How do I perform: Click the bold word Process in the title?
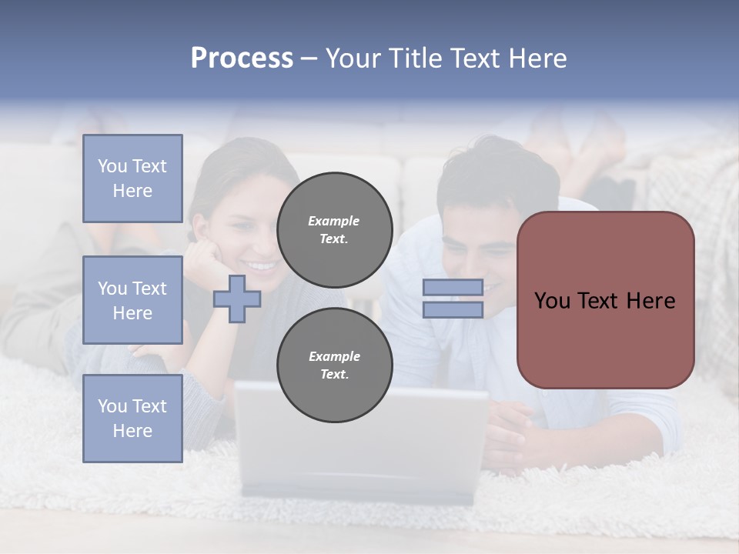pyautogui.click(x=242, y=58)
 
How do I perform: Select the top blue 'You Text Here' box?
pyautogui.click(x=132, y=179)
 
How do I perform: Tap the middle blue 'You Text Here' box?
pyautogui.click(x=132, y=300)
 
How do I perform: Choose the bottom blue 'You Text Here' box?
pyautogui.click(x=132, y=418)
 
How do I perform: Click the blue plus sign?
pyautogui.click(x=237, y=299)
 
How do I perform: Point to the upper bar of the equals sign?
pyautogui.click(x=453, y=287)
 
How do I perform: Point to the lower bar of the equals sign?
pyautogui.click(x=453, y=310)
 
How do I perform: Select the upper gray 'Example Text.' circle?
pyautogui.click(x=334, y=229)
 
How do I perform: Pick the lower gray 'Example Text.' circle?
pyautogui.click(x=334, y=365)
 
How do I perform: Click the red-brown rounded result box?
pyautogui.click(x=605, y=299)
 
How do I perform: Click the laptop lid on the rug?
pyautogui.click(x=362, y=439)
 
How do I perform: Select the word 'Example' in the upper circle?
pyautogui.click(x=333, y=221)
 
